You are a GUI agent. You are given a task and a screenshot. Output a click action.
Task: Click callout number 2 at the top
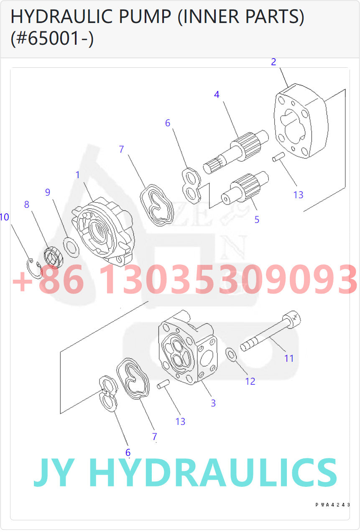click(x=273, y=62)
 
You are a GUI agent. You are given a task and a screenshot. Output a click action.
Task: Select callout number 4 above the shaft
click(x=217, y=95)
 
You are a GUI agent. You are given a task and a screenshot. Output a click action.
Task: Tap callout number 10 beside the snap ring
click(x=5, y=217)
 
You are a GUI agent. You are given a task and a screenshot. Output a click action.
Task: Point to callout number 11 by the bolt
click(x=289, y=358)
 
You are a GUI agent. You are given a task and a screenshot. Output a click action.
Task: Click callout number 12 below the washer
click(x=250, y=381)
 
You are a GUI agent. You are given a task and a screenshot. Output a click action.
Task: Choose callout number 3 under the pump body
click(x=213, y=403)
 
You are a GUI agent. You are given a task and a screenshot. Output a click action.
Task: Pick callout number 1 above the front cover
click(x=77, y=175)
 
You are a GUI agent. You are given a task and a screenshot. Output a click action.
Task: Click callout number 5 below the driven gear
click(x=257, y=219)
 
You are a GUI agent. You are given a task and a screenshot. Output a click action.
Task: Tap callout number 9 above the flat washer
click(x=48, y=192)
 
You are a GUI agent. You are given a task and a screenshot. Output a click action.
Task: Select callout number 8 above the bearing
click(x=27, y=205)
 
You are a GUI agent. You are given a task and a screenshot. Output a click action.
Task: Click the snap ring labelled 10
click(x=35, y=268)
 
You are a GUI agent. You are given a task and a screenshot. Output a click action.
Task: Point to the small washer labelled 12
click(x=231, y=354)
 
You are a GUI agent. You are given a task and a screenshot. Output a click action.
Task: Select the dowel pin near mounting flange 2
click(x=278, y=157)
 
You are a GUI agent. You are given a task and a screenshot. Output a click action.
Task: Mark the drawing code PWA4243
click(x=332, y=505)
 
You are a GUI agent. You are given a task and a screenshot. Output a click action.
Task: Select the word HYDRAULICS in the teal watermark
click(x=212, y=473)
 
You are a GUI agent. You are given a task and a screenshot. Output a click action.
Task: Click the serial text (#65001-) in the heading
click(x=52, y=38)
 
